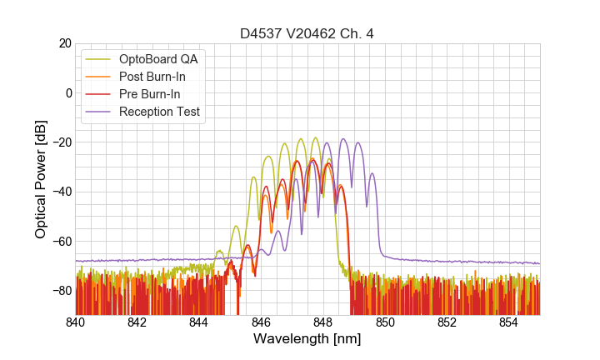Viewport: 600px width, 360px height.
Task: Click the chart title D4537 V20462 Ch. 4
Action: click(307, 34)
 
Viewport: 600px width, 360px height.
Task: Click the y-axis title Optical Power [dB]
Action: click(41, 179)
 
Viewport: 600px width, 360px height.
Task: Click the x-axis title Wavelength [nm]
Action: click(307, 339)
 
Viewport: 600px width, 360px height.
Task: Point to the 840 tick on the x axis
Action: click(76, 322)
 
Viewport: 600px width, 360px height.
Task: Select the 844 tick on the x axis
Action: click(199, 322)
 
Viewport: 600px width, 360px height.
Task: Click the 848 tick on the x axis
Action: click(323, 322)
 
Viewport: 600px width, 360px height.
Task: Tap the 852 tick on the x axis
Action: click(447, 322)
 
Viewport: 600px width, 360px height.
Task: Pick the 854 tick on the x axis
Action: click(509, 322)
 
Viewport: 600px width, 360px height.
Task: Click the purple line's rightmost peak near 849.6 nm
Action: click(372, 173)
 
